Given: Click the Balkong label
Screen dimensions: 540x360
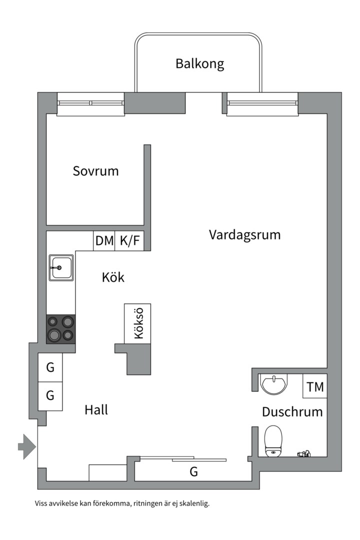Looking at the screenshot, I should click(x=199, y=64).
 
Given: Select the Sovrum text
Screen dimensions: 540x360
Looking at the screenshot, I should click(x=95, y=171).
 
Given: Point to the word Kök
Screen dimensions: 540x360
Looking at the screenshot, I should click(x=113, y=277).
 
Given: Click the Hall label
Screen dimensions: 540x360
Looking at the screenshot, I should click(x=96, y=410).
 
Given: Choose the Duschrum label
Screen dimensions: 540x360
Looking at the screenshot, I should click(x=292, y=412).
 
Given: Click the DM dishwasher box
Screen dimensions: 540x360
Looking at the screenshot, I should click(x=104, y=241).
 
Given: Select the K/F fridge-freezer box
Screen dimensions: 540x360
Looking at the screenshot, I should click(x=130, y=241).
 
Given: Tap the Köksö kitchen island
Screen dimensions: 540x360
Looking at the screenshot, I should click(x=138, y=323).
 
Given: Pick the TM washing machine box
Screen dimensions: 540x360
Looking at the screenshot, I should click(x=315, y=386).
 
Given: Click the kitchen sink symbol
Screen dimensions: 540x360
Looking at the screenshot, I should click(x=61, y=267).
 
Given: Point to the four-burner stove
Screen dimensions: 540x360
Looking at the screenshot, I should click(x=61, y=329).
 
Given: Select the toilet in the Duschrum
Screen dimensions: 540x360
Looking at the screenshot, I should click(x=273, y=440).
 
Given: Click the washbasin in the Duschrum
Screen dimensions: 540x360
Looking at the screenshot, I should click(x=274, y=383).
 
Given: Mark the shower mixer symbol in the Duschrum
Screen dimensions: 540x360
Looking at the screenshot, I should click(x=303, y=454).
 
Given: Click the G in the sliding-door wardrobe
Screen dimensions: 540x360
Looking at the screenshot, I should click(x=193, y=471).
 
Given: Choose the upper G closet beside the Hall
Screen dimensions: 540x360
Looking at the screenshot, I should click(x=50, y=368).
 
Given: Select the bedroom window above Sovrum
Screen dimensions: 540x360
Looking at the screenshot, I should click(x=90, y=103).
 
